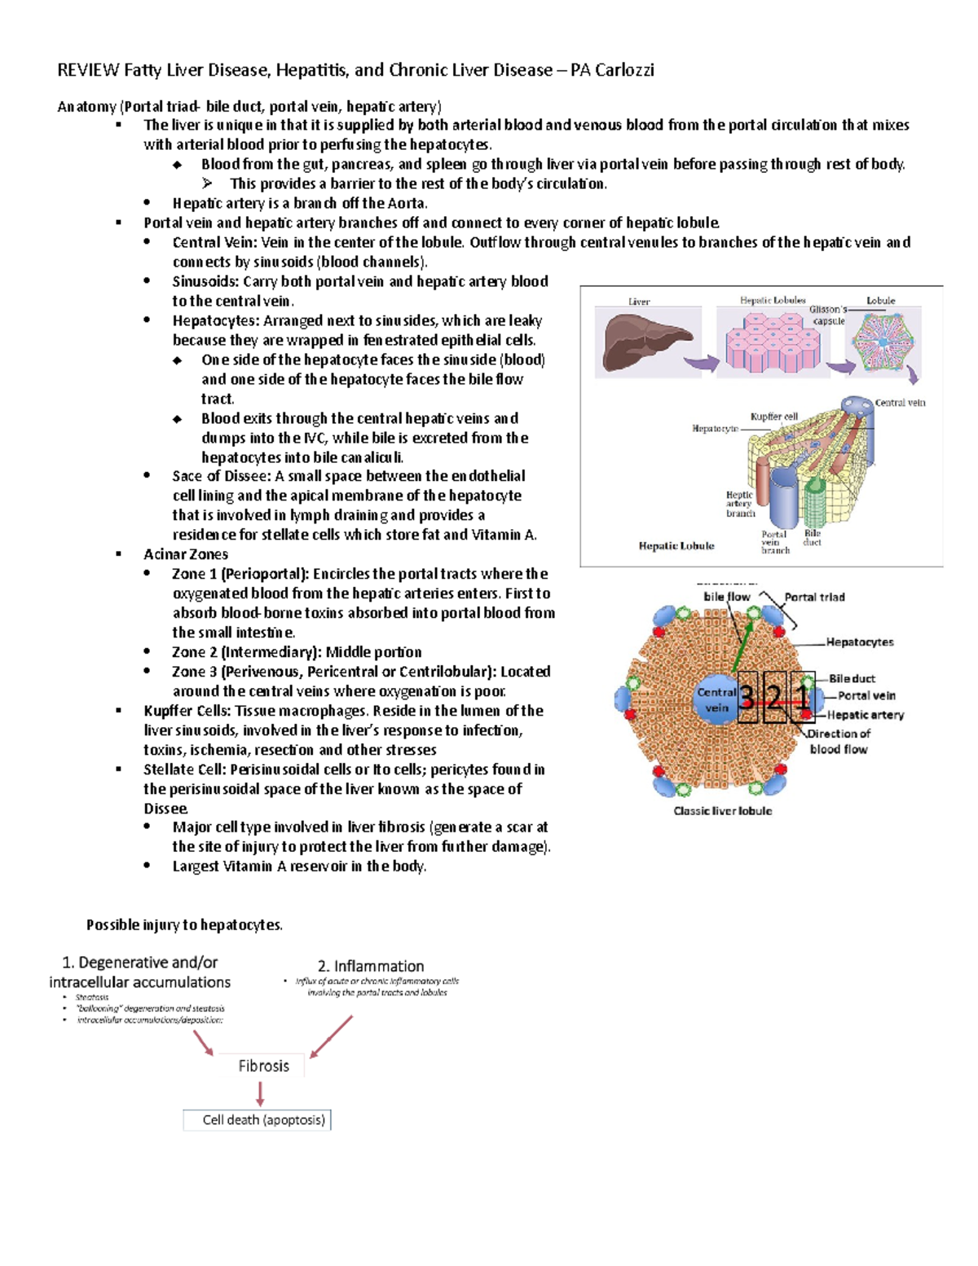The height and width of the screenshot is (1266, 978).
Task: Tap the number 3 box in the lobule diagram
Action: pyautogui.click(x=747, y=697)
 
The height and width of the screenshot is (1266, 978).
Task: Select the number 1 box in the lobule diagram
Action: pyautogui.click(x=803, y=697)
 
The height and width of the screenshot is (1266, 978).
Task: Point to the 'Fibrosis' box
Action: pyautogui.click(x=263, y=1066)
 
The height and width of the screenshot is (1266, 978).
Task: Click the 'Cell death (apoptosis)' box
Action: pyautogui.click(x=258, y=1120)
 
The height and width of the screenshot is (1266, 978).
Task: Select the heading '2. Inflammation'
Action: pyautogui.click(x=371, y=966)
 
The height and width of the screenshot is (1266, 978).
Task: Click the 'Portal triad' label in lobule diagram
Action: pyautogui.click(x=814, y=597)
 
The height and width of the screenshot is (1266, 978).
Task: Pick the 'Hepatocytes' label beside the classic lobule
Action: pyautogui.click(x=860, y=642)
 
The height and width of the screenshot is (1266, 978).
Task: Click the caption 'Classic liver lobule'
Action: pyautogui.click(x=722, y=811)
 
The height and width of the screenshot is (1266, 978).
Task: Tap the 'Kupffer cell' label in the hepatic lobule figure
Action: pyautogui.click(x=773, y=417)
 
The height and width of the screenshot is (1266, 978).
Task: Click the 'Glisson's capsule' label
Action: pyautogui.click(x=828, y=315)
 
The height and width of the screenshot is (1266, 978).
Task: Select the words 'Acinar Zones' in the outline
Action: pyautogui.click(x=186, y=554)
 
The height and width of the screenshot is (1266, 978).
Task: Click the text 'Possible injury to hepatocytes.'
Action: pyautogui.click(x=185, y=924)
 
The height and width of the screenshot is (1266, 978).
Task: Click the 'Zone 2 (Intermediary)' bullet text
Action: pyautogui.click(x=297, y=652)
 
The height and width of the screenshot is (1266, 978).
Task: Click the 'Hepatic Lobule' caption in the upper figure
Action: pyautogui.click(x=676, y=546)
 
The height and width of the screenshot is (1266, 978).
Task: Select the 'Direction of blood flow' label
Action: pyautogui.click(x=839, y=741)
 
